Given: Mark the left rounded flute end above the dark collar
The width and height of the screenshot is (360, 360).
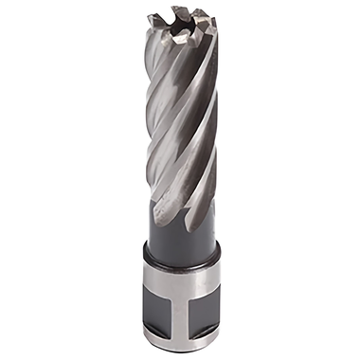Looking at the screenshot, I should [161, 220].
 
